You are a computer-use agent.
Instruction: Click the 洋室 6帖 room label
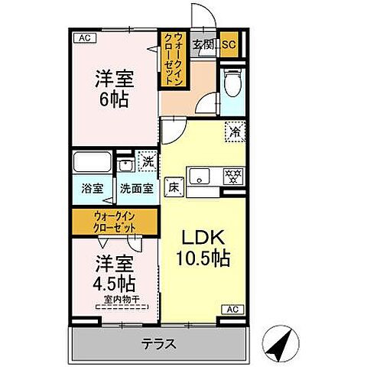click(112, 88)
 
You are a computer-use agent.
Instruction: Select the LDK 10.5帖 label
click(203, 247)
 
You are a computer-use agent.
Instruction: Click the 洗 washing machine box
click(148, 161)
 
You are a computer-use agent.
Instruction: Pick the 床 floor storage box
click(174, 185)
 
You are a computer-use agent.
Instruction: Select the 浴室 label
click(92, 188)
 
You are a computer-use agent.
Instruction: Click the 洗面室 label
click(137, 188)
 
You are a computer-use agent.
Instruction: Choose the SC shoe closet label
click(229, 44)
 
